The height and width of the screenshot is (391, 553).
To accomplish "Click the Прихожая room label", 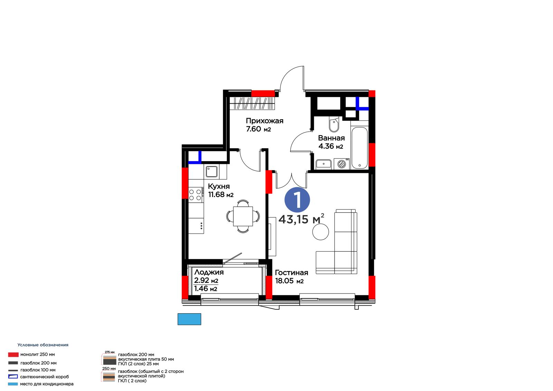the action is click(x=264, y=121).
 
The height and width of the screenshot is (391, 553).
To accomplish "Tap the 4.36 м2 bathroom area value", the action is click(x=330, y=147).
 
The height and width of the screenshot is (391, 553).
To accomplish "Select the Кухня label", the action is click(x=219, y=186).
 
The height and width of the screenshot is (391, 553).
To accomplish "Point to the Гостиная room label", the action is click(x=291, y=273).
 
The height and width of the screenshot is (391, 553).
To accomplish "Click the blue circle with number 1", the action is click(x=297, y=200).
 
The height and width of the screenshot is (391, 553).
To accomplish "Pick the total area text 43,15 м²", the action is click(x=301, y=219).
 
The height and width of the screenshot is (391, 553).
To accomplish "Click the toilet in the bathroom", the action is click(x=334, y=124).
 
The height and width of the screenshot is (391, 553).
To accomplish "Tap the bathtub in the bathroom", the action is click(x=359, y=148).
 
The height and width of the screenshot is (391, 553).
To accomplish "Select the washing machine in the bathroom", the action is click(x=342, y=164).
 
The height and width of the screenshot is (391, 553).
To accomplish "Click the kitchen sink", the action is click(x=212, y=172).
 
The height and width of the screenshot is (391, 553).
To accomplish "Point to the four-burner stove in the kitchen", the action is click(x=196, y=195).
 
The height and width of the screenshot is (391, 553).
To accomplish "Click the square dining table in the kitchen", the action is click(x=243, y=216).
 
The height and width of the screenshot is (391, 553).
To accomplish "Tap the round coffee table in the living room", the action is click(x=320, y=232).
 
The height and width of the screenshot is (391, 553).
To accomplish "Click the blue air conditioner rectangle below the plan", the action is click(x=189, y=319).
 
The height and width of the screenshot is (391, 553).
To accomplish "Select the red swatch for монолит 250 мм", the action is click(x=13, y=355).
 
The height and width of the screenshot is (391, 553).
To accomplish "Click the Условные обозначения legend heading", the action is click(x=43, y=345).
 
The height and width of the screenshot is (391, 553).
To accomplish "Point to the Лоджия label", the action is click(x=209, y=272).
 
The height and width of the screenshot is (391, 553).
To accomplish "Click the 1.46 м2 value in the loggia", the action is click(x=206, y=288).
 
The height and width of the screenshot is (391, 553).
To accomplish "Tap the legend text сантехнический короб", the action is click(x=45, y=377).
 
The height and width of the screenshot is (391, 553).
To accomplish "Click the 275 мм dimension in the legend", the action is click(x=110, y=352).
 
